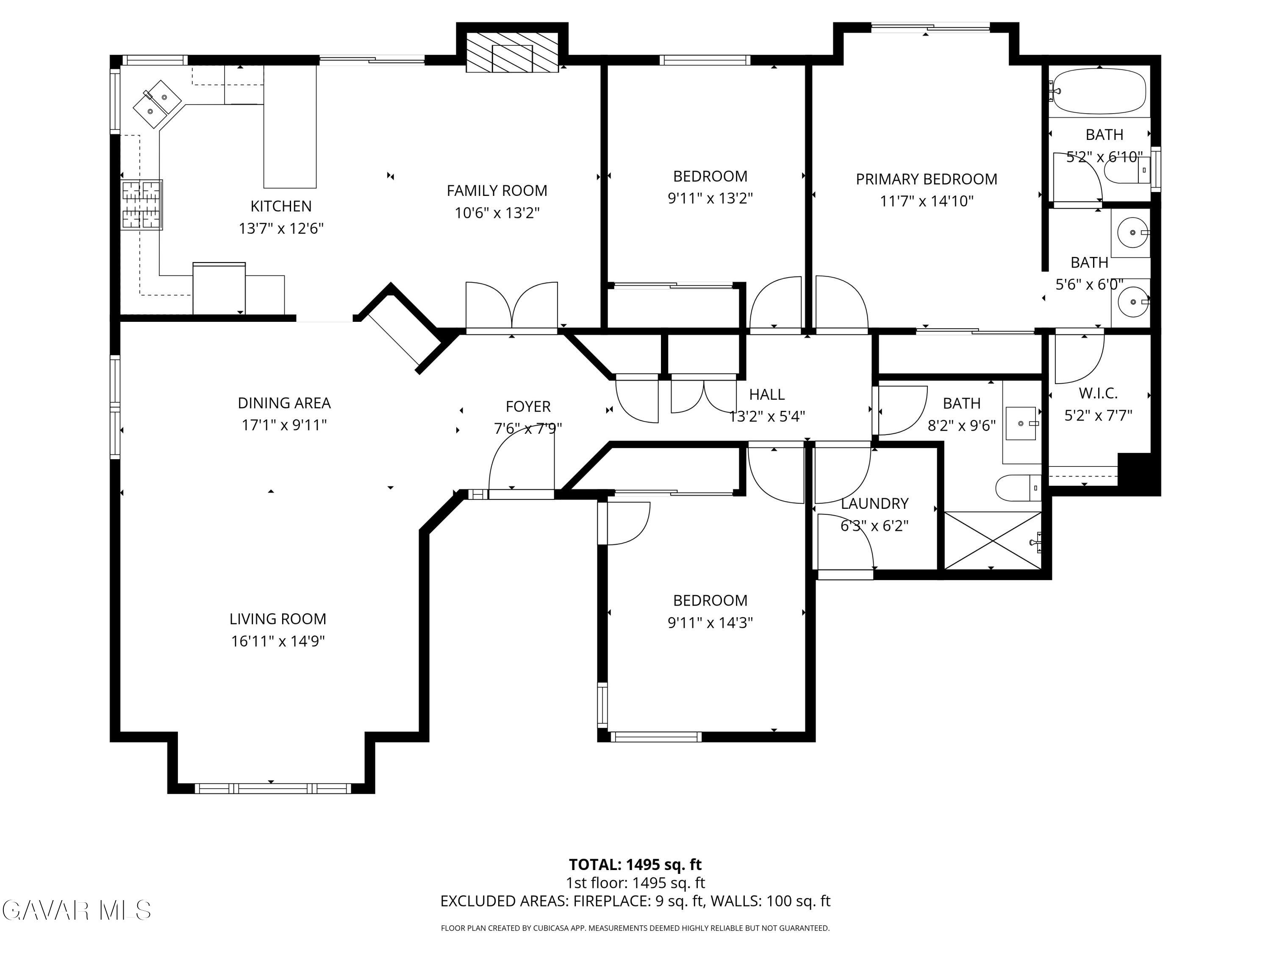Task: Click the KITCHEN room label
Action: click(281, 206)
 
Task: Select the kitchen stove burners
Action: click(142, 205)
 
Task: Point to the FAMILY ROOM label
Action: click(497, 190)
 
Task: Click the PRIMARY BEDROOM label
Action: click(926, 179)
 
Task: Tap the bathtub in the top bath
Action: click(1099, 92)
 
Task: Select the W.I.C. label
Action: click(1098, 393)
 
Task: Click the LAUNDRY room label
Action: click(874, 504)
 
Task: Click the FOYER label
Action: click(528, 407)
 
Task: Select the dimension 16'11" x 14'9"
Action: click(278, 641)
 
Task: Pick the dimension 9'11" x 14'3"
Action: click(710, 623)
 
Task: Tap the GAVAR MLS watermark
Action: click(76, 910)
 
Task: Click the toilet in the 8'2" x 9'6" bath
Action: click(1018, 488)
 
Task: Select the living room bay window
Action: click(273, 788)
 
